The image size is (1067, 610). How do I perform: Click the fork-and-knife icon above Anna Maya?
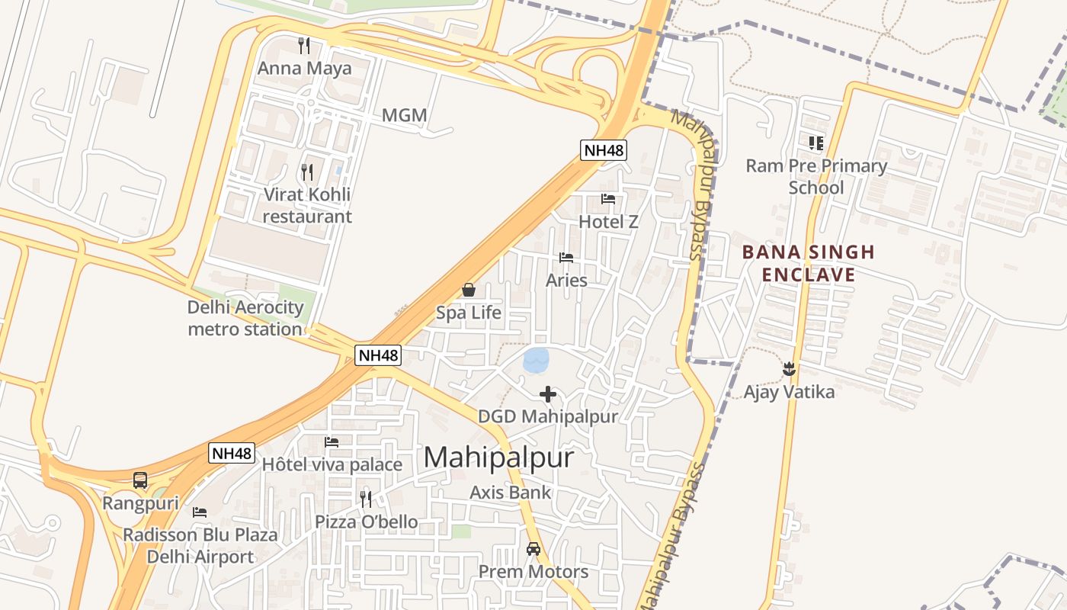[304, 46]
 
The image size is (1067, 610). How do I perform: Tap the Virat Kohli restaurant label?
[307, 205]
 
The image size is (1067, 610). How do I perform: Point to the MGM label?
[404, 116]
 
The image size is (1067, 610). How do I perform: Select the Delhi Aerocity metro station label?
[245, 319]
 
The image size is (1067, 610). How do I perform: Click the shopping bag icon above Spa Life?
[469, 291]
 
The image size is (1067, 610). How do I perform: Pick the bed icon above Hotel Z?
[607, 200]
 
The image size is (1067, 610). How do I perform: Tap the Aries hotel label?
[566, 280]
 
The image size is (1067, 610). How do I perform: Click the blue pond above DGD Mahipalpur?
[537, 360]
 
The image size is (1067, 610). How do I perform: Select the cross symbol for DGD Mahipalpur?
[547, 394]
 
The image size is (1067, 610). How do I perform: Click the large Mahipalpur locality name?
[498, 457]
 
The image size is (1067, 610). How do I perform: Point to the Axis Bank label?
[510, 493]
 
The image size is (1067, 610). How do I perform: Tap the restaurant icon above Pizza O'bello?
[366, 499]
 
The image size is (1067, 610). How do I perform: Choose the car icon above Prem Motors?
[533, 549]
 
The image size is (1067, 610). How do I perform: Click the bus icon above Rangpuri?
[140, 480]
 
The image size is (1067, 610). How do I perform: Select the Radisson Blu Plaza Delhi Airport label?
[200, 545]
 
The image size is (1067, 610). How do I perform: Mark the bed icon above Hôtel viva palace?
[332, 442]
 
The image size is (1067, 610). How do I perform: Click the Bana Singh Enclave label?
[809, 263]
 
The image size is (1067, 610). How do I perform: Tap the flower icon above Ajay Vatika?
[789, 370]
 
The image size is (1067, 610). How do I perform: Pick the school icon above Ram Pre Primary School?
[816, 143]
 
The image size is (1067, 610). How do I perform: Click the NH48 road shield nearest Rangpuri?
[231, 453]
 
